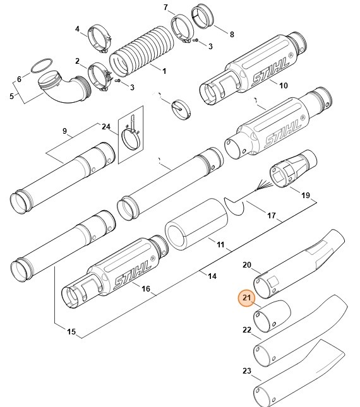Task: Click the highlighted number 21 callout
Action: coord(247,298)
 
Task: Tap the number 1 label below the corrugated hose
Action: coord(164,71)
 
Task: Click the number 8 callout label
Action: coord(232,34)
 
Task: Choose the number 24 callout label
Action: coord(105,126)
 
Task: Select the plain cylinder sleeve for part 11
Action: coord(195,227)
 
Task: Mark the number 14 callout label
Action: coord(212,276)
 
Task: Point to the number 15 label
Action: coord(71,332)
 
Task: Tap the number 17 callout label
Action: coord(272,215)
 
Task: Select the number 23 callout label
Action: coord(247,370)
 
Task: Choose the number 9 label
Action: coord(64,131)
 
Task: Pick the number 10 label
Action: coord(283,85)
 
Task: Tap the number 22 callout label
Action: coord(247,329)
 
